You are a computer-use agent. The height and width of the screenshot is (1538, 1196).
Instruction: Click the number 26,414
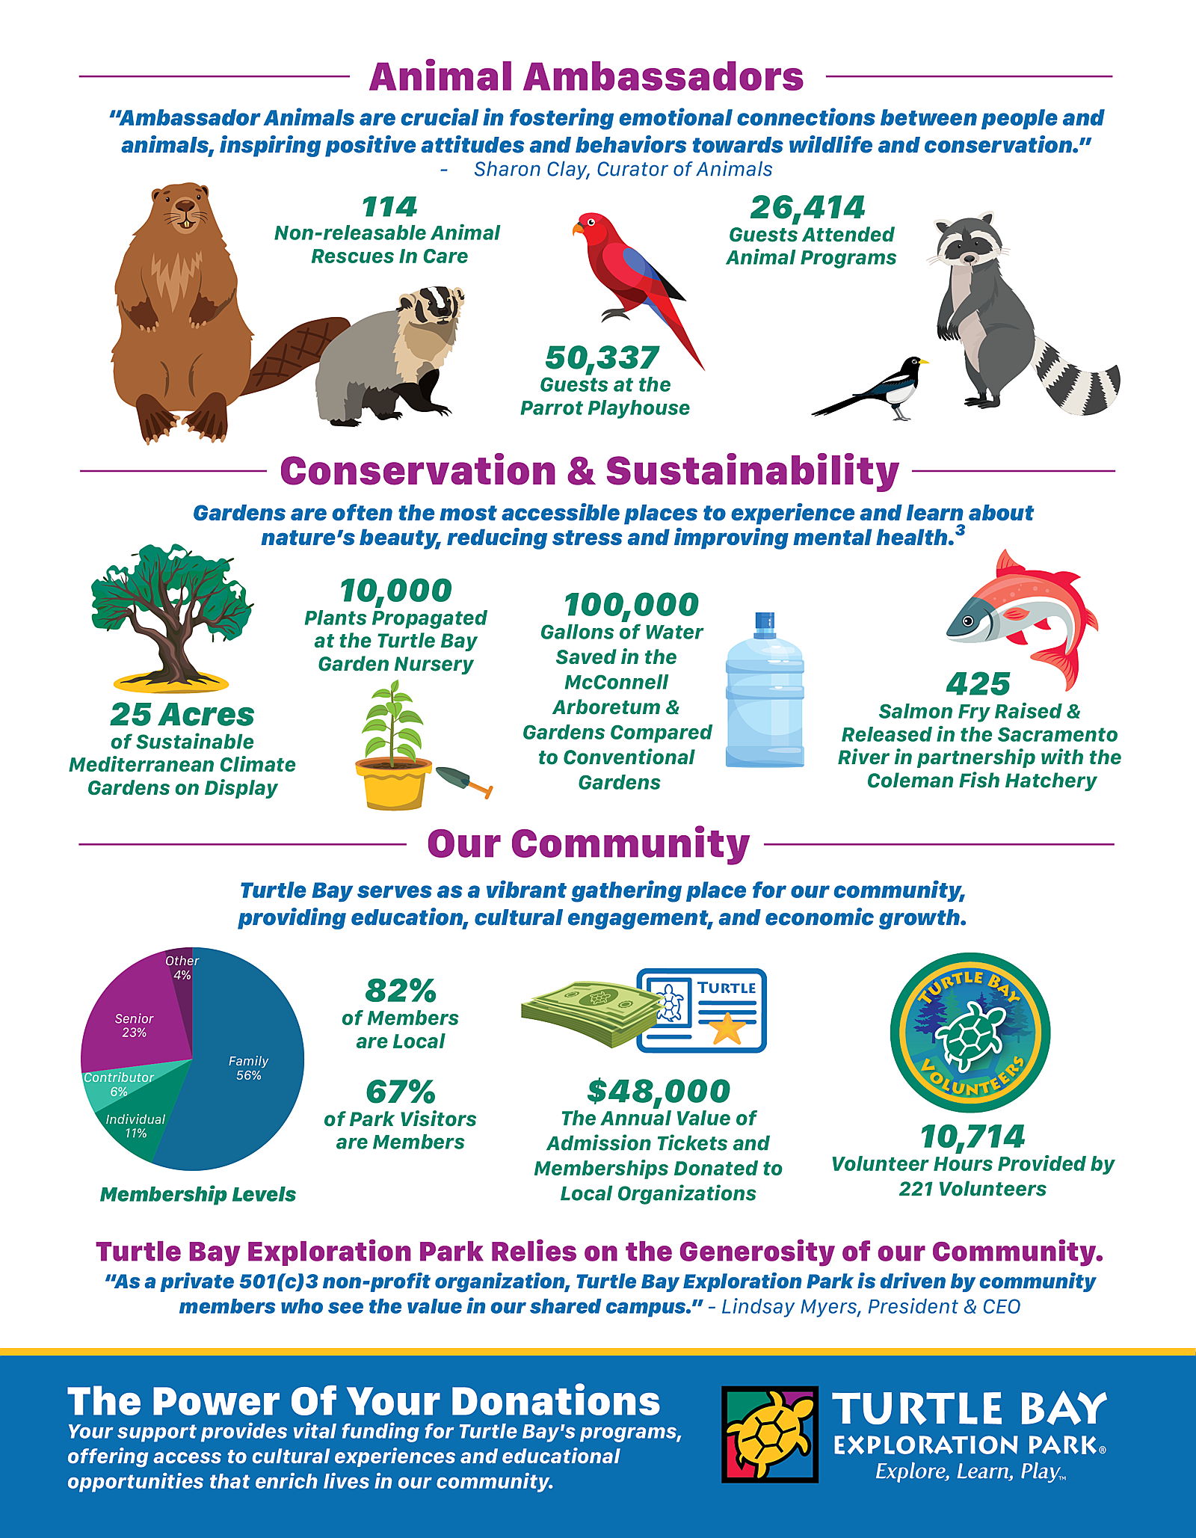tap(807, 207)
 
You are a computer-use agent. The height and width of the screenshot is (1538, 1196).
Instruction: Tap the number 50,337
tap(602, 357)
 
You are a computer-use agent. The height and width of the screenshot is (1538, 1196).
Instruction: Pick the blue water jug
tap(765, 695)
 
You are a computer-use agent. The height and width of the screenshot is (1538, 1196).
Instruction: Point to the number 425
tap(978, 683)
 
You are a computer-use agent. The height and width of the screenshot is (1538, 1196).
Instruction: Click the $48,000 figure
tap(659, 1091)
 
